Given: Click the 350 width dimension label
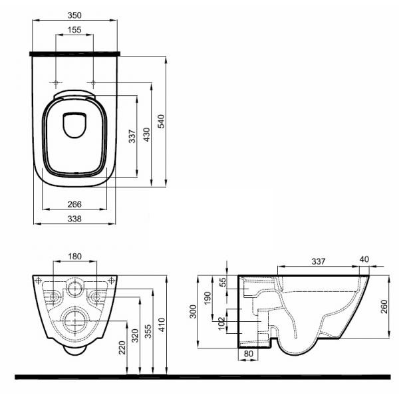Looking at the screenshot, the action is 74,15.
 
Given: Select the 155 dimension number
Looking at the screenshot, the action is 74,30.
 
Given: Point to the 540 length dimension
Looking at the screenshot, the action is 162,122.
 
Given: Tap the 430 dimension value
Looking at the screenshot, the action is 147,134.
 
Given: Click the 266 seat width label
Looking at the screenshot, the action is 74,204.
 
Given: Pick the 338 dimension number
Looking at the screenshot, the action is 74,219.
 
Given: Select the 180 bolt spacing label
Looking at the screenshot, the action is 74,256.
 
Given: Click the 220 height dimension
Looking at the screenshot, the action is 122,348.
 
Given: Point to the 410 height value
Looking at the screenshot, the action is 162,325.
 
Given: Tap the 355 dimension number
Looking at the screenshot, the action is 148,331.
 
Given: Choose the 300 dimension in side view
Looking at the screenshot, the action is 193,311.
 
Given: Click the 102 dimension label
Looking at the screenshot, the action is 221,323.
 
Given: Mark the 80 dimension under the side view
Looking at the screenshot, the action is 249,354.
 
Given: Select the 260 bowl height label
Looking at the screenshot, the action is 384,307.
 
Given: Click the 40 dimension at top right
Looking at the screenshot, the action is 364,259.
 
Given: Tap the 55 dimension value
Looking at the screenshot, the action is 223,282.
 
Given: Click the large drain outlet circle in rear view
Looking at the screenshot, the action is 76,321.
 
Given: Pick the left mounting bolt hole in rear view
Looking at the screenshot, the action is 53,297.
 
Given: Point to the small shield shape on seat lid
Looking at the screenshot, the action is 74,125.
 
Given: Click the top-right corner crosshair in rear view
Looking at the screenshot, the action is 111,281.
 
